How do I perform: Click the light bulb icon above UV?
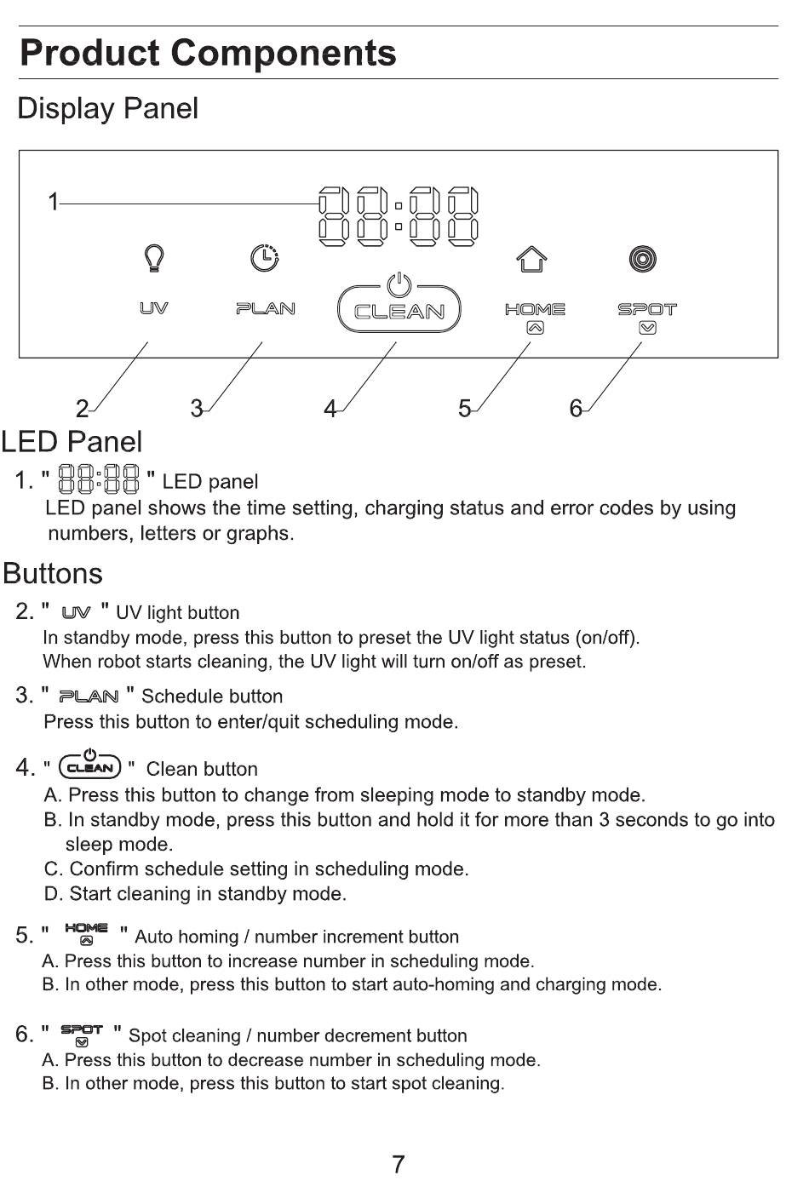(153, 257)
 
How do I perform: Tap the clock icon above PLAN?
(265, 257)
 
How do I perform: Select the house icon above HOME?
(532, 259)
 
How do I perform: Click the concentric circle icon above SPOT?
(643, 258)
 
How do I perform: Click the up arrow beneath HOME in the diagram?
(534, 328)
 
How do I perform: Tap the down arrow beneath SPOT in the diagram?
(647, 328)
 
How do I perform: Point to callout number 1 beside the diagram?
(53, 203)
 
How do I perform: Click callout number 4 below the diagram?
(330, 410)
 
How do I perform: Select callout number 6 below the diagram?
(576, 410)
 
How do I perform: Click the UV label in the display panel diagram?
(153, 308)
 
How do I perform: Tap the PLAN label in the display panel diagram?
(265, 308)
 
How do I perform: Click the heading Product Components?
(208, 53)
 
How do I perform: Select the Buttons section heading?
(53, 574)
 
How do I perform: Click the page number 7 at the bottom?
(398, 1164)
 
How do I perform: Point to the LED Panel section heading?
(72, 442)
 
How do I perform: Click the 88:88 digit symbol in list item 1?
(98, 479)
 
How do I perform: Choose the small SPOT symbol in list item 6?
(82, 1034)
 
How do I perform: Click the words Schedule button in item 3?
(212, 697)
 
